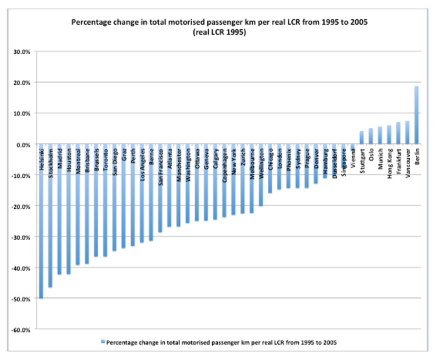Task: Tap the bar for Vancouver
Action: (407, 133)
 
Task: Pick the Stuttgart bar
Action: (362, 137)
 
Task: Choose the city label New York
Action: (234, 160)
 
